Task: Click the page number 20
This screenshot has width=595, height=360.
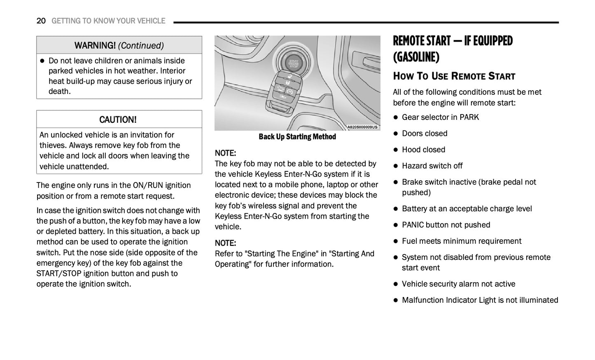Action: [41, 21]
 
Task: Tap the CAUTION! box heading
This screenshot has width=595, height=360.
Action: [118, 120]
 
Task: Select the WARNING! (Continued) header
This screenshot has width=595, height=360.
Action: [119, 45]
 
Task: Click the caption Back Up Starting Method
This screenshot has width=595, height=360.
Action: [297, 137]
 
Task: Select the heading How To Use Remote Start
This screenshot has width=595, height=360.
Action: [454, 76]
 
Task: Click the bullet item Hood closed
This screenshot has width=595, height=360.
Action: [423, 150]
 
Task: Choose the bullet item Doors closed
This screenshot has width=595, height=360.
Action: [425, 133]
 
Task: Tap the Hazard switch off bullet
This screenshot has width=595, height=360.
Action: [432, 166]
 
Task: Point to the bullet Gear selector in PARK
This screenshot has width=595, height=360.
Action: [440, 117]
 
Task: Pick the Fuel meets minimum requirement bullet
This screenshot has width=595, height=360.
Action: [461, 241]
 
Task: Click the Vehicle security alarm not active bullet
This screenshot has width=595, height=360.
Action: [458, 284]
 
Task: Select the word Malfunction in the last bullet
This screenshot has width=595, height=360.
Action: [422, 300]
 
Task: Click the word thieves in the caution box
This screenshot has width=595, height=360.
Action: [53, 145]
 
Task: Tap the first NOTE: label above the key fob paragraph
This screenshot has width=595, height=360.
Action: [225, 153]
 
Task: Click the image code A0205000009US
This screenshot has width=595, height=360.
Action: [362, 127]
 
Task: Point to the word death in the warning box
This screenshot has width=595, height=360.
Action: [59, 91]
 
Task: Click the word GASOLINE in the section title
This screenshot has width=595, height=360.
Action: [416, 57]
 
